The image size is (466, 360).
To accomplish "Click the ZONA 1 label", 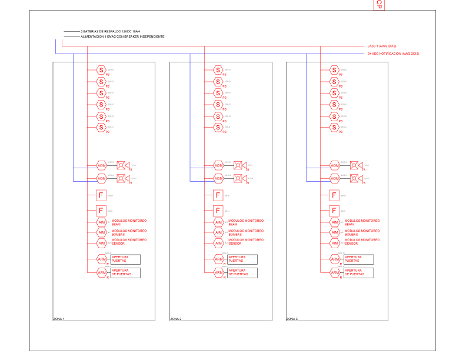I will (x=59, y=319).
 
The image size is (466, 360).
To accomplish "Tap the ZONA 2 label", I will (x=175, y=319).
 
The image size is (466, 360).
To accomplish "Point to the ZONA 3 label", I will (x=292, y=319).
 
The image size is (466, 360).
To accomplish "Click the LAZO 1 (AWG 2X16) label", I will (x=381, y=45).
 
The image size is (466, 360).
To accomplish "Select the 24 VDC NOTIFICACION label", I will (x=393, y=54).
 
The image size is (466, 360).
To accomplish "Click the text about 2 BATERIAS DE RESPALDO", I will (x=110, y=31).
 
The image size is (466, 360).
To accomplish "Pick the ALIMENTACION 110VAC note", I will (x=122, y=36).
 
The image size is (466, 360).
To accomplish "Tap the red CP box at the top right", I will (x=380, y=5).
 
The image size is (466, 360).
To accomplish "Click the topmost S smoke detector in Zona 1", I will (x=101, y=70).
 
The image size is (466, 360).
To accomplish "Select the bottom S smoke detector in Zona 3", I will (x=334, y=127).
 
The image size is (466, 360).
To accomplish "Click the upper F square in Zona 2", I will (x=218, y=196).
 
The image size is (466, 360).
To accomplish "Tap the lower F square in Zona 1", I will (x=101, y=211).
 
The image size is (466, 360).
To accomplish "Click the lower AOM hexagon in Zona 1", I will (x=101, y=178).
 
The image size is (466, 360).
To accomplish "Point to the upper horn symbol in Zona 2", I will (x=238, y=165).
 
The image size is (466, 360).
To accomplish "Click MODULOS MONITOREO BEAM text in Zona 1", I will (x=129, y=222).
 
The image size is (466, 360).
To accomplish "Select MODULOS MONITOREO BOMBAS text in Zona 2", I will (x=246, y=232).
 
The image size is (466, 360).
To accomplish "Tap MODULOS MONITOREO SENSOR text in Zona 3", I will (x=362, y=241).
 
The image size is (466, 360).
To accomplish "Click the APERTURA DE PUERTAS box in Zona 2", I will (x=242, y=272).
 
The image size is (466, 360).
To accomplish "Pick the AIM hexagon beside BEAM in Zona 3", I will (x=334, y=222).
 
